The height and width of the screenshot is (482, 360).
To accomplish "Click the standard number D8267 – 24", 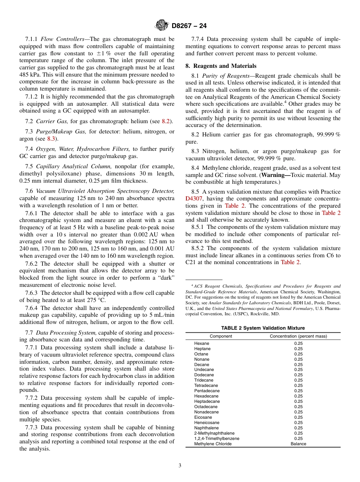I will click(189, 26).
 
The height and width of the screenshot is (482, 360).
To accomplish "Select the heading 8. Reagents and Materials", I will click(221, 66).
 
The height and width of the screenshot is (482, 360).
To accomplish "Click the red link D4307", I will click(194, 199).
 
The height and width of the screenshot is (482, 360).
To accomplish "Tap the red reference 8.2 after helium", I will click(166, 121).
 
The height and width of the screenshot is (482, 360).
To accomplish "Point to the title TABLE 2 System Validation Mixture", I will click(263, 328).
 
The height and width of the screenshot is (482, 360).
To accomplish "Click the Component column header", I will click(221, 336).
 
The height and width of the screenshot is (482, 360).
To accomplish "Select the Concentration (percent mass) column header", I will click(298, 336).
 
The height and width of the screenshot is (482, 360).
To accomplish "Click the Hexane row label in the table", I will click(201, 343).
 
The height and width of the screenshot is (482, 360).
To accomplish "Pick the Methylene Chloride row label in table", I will click(213, 444).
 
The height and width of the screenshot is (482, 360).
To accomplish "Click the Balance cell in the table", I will click(298, 444).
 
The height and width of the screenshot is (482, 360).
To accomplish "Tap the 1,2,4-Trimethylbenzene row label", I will click(216, 438).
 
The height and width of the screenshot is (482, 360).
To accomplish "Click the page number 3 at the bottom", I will click(180, 465).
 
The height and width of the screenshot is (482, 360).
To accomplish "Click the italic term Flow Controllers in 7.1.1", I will click(63, 39).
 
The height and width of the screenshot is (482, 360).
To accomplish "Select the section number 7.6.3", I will click(32, 293).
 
